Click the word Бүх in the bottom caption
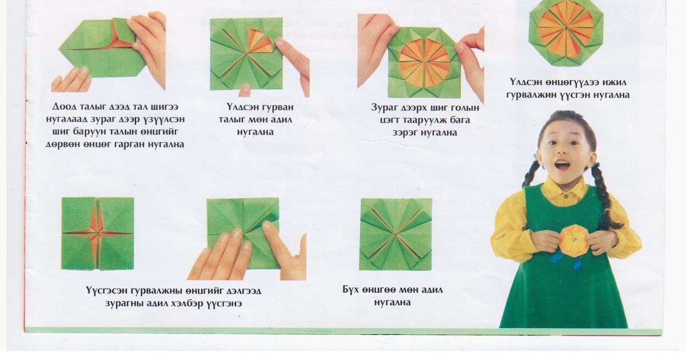pos(350,290)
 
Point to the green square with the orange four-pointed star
pos(98,234)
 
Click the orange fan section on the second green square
pos(260,41)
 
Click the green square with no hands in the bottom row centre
pos(396,234)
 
